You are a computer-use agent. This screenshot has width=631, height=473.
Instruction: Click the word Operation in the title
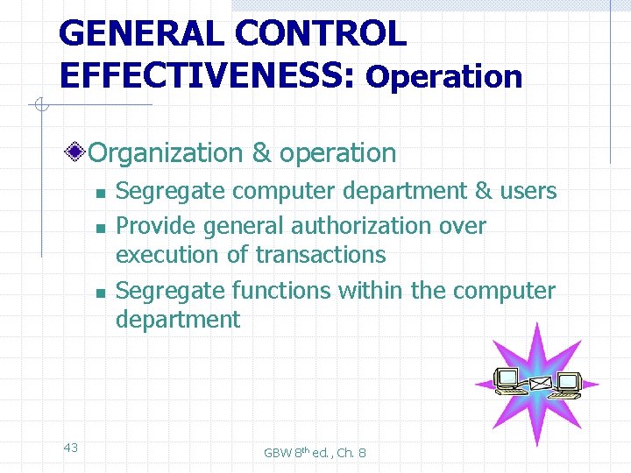tap(444, 77)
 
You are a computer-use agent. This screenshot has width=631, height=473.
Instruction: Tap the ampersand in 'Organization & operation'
tap(261, 153)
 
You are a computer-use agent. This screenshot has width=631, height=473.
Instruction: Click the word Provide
tap(157, 226)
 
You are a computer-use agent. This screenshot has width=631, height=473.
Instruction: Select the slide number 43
tap(71, 448)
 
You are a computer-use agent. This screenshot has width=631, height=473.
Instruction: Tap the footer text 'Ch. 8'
tap(351, 453)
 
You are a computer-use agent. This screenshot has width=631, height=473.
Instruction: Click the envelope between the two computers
tap(539, 384)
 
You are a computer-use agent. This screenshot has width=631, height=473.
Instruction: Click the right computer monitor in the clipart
tap(569, 383)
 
